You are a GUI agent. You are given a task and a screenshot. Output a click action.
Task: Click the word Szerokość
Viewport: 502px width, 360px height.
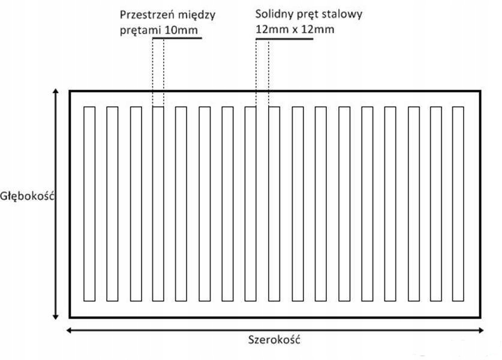[x=273, y=340]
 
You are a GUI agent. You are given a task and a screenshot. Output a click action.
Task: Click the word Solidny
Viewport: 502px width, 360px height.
[x=273, y=14]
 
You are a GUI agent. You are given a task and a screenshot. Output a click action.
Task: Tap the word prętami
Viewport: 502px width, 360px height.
[x=137, y=29]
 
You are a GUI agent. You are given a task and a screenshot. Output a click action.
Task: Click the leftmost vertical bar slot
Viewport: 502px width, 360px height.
[x=89, y=203]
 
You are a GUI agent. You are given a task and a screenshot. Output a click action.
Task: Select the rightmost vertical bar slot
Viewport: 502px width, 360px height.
[x=458, y=203]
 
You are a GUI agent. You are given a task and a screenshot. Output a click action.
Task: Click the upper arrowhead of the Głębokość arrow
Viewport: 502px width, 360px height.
[x=56, y=92]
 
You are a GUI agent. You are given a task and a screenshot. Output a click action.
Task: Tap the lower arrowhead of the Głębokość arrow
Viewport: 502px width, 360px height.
[x=56, y=316]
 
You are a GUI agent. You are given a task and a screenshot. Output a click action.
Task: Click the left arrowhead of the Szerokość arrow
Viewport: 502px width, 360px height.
[x=69, y=329]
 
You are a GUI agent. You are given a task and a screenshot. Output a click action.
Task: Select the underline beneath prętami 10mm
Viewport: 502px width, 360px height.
[x=176, y=38]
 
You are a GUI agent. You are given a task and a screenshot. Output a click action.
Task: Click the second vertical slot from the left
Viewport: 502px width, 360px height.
[x=112, y=203]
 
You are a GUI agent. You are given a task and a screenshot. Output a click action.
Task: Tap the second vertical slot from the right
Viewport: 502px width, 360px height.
[x=435, y=203]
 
